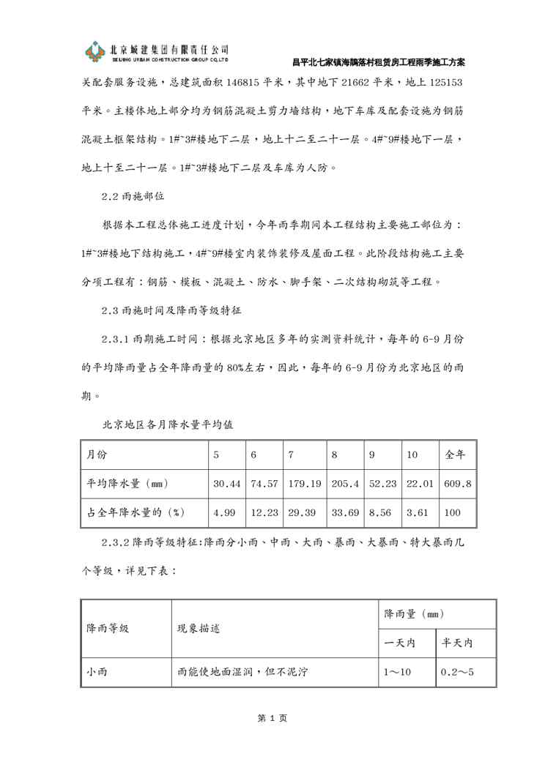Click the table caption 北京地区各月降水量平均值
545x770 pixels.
click(x=168, y=424)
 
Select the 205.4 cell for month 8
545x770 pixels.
click(x=344, y=484)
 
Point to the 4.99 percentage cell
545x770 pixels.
click(x=224, y=512)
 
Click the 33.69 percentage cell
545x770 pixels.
click(x=345, y=512)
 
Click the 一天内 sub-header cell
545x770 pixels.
click(x=401, y=643)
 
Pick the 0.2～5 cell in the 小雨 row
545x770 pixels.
click(x=457, y=671)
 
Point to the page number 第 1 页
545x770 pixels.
click(x=272, y=718)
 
